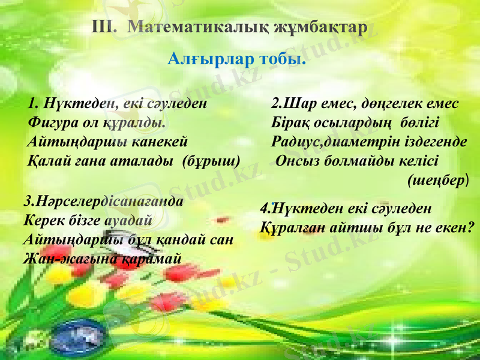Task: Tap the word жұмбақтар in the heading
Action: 319,28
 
